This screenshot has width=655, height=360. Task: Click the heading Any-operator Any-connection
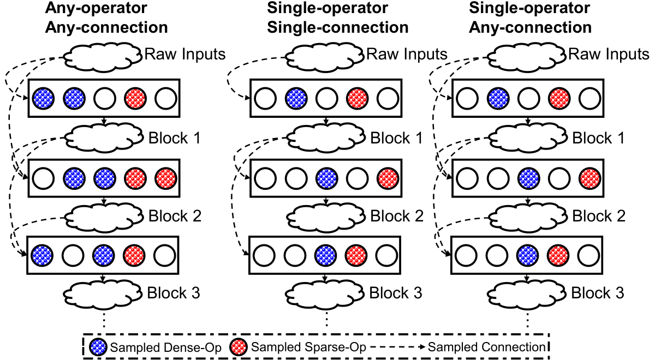point(106,17)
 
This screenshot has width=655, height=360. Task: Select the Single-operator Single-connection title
point(338,17)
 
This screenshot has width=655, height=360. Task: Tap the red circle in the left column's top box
point(135,99)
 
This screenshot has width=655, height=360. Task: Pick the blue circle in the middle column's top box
point(296,99)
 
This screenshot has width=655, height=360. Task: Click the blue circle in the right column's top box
point(498,99)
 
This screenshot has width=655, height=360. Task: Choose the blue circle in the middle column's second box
point(327,178)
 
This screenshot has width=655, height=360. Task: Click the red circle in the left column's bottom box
point(134,255)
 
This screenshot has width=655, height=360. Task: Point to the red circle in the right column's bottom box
point(558,255)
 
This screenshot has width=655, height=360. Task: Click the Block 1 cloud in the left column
point(104,137)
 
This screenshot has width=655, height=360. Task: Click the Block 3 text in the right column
point(598,293)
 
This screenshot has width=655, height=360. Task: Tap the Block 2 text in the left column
point(175,216)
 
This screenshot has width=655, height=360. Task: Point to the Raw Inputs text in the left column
point(185,54)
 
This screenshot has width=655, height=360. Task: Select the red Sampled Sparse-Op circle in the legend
point(239,347)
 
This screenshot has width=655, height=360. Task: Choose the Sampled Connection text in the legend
point(487,347)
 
